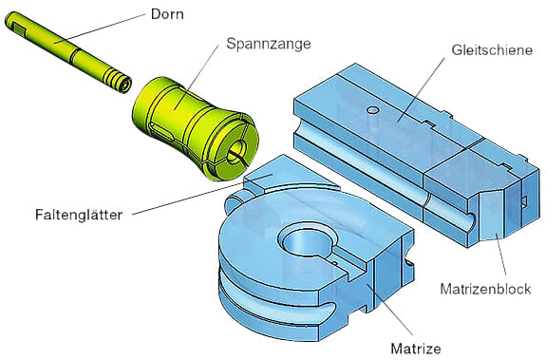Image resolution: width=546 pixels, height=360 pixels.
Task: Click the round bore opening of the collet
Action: pos(237,148)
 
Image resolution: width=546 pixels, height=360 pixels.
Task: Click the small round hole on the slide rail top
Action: pos(373,111)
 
